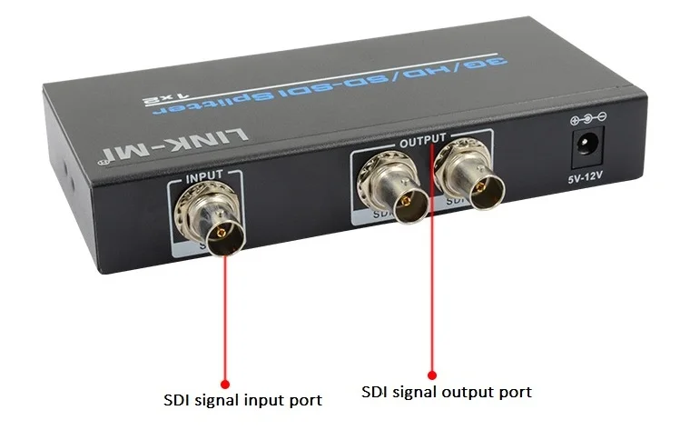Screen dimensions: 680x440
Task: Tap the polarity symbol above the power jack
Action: coord(586,118)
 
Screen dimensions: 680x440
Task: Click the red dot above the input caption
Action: coord(224,385)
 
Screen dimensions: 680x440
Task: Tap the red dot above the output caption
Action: coord(432,373)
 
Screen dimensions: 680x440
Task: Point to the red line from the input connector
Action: coord(223,318)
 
